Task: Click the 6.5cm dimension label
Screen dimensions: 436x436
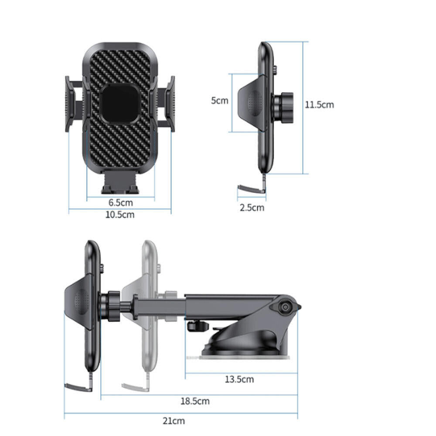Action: coord(121,203)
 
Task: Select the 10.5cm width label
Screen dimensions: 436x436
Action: coord(121,215)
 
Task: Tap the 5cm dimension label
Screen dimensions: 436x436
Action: coord(220,101)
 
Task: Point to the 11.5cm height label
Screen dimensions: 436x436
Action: coord(320,105)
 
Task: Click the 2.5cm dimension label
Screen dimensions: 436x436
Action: coord(252,208)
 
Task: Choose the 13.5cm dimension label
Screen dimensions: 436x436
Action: coord(239,379)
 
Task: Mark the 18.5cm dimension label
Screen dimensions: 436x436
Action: coord(195,401)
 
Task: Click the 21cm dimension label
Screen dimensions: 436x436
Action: coord(174,421)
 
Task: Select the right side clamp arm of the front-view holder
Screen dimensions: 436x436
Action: coord(167,104)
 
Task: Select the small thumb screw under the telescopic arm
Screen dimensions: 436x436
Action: coord(194,326)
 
